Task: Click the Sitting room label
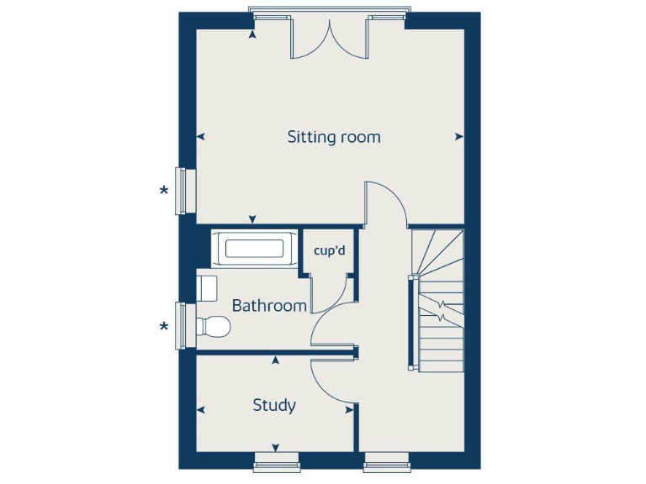click(334, 136)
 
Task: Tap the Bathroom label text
click(269, 305)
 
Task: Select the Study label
click(274, 406)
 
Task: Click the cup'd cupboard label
click(329, 250)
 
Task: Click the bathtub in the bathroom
click(253, 249)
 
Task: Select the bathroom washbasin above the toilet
click(207, 287)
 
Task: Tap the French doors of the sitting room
click(329, 37)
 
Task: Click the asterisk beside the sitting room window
click(164, 191)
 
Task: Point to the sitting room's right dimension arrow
click(458, 136)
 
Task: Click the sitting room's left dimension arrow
click(201, 136)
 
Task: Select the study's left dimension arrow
click(201, 410)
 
